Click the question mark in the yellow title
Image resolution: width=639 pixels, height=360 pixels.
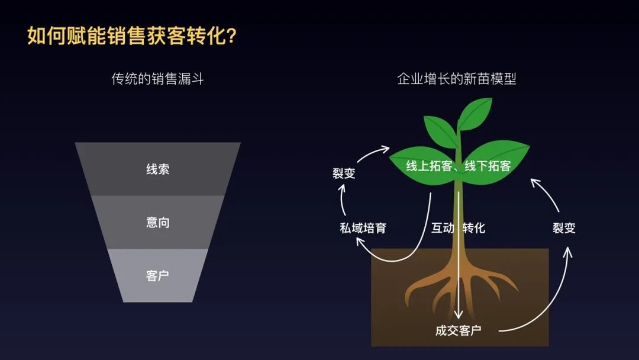coord(230,36)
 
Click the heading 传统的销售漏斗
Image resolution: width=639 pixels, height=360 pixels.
coord(157,79)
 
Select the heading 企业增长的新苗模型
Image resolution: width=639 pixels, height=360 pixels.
coord(456,79)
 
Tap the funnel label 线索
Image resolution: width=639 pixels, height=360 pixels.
coord(158,169)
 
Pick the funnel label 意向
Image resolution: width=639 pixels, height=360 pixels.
coord(158,222)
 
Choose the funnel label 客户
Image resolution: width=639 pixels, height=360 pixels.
coord(158,275)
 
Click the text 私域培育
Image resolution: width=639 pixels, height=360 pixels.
coord(363,227)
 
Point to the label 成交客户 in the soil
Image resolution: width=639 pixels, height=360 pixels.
coord(458,330)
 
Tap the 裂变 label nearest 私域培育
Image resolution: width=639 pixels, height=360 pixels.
coord(344,173)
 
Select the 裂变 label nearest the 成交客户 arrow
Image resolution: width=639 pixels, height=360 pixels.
coord(564,227)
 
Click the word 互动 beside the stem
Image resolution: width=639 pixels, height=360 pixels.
coord(443,227)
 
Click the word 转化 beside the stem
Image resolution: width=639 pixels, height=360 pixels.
coord(474,227)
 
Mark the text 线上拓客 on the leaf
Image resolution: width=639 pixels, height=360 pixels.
coord(429,166)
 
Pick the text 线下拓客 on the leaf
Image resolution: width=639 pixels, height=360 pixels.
coord(488,166)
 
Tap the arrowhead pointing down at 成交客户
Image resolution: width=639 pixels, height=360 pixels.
coord(459,314)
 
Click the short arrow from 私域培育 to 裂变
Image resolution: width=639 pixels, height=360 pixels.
coord(343,199)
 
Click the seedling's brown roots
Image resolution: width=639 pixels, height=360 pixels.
coord(460,285)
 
